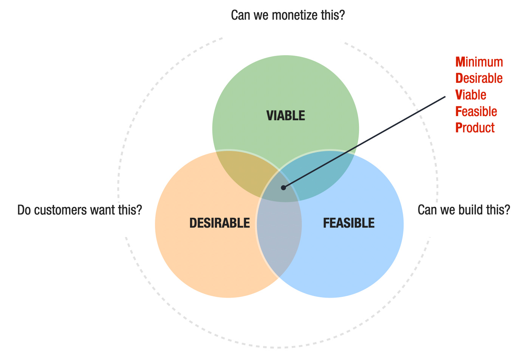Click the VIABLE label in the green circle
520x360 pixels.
(x=286, y=116)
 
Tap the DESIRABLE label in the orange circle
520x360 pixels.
(x=220, y=223)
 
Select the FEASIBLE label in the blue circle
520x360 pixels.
(x=349, y=223)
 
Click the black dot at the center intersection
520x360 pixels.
(x=283, y=188)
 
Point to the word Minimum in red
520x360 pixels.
(x=479, y=62)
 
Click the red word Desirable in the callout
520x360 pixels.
(x=479, y=78)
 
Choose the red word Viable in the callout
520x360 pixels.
(x=471, y=95)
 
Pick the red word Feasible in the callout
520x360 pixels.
(x=476, y=112)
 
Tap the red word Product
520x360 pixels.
(x=475, y=128)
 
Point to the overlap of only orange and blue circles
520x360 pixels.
(x=279, y=242)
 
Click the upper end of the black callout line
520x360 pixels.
(x=445, y=97)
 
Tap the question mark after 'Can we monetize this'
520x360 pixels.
(x=342, y=16)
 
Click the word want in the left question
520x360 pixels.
(x=98, y=210)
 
